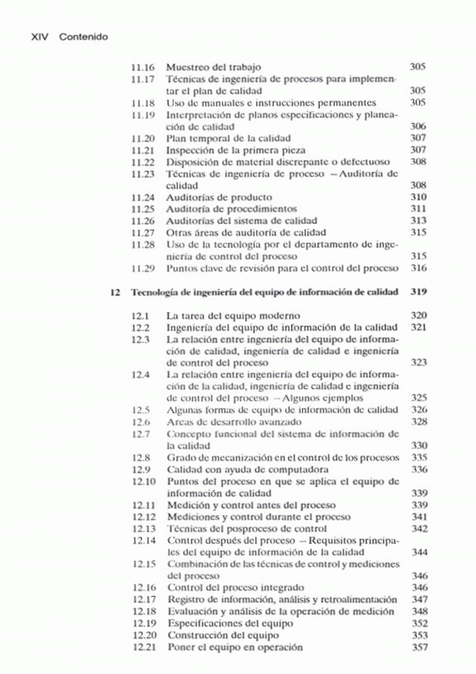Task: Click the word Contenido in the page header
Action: [x=83, y=37]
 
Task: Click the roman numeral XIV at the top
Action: [x=40, y=37]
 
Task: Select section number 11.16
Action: [x=143, y=67]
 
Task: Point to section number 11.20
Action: [x=143, y=138]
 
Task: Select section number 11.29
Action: [x=143, y=268]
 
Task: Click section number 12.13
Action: [x=143, y=529]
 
